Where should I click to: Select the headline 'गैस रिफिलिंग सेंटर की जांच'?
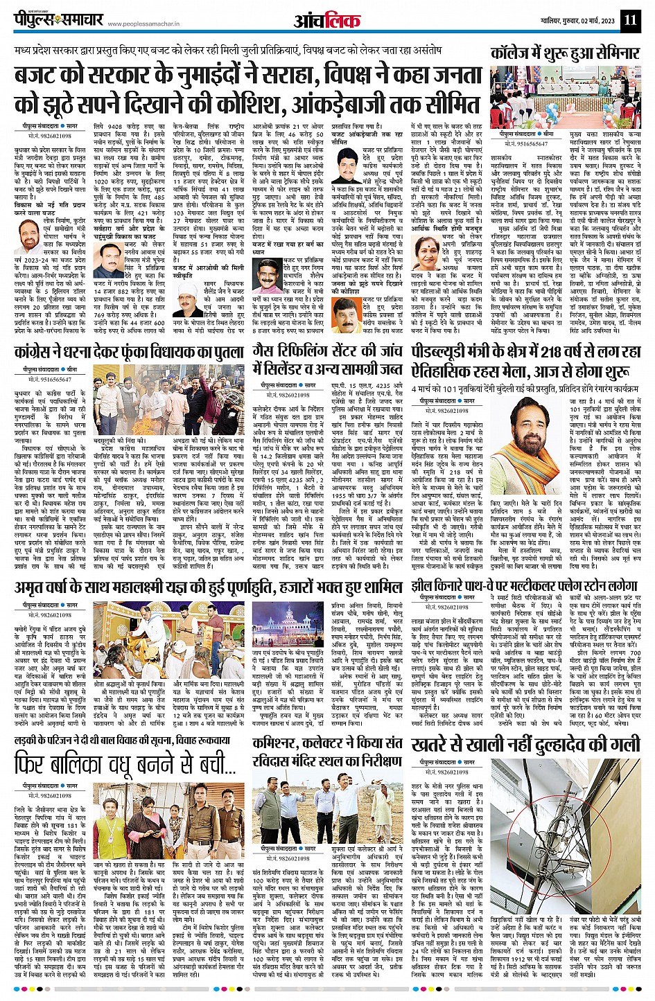point(329,353)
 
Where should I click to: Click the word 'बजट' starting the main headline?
point(43,74)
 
